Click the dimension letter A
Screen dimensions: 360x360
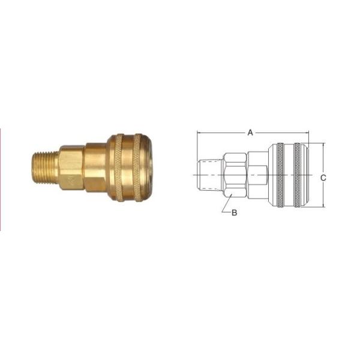click(250, 133)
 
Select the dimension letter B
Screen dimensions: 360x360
click(235, 213)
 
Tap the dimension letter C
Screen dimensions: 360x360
click(323, 178)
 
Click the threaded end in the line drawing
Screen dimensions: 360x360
click(209, 175)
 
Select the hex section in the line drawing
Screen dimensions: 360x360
click(235, 175)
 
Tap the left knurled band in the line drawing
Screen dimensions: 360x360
click(278, 175)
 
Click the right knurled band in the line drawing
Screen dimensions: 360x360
click(298, 175)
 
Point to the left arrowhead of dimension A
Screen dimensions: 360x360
click(199, 133)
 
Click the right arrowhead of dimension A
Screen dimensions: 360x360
click(307, 133)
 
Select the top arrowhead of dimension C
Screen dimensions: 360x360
click(323, 145)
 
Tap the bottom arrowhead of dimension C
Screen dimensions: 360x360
click(323, 205)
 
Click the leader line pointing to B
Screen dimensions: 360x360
click(226, 205)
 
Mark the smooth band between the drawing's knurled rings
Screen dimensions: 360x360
click(288, 175)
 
